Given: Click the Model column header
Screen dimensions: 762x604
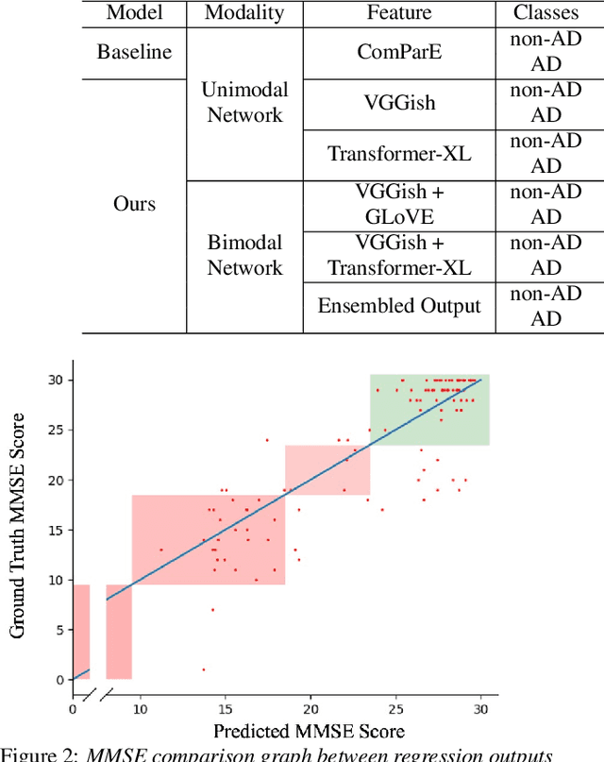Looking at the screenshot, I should (134, 12).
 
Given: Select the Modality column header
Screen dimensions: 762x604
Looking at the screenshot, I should (244, 12).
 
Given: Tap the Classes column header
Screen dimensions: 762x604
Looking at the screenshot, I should (545, 12).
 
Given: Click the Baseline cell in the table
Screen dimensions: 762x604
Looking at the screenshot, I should (134, 51).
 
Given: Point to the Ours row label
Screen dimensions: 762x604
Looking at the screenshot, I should (134, 204).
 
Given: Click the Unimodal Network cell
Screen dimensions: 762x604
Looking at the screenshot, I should (244, 102).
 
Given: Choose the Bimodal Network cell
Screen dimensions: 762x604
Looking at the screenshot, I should (244, 255).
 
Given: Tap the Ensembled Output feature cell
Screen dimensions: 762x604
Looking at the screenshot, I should (399, 306).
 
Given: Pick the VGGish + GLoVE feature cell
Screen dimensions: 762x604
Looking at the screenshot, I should (399, 204).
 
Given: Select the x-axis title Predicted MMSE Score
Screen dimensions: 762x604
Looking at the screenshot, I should (309, 732).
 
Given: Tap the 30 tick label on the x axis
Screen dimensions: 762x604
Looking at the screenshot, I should (481, 708).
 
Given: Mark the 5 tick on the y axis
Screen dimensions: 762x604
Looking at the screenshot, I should (59, 630).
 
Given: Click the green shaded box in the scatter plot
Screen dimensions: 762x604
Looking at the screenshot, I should (429, 411).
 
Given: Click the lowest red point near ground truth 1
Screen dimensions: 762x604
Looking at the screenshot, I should (203, 669).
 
